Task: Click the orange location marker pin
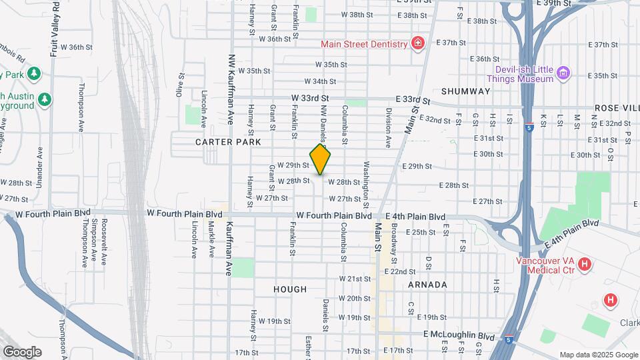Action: (x=321, y=159)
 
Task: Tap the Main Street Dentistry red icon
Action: (x=418, y=44)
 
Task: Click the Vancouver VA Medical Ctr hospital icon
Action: (x=585, y=265)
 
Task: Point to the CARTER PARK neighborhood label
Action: (x=223, y=143)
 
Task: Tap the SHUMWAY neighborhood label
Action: (x=465, y=91)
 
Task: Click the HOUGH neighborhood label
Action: (x=290, y=289)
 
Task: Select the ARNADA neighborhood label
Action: (x=427, y=285)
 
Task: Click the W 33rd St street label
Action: (x=311, y=98)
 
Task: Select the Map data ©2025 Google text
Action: (x=598, y=355)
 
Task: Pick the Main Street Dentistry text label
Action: (x=364, y=44)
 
